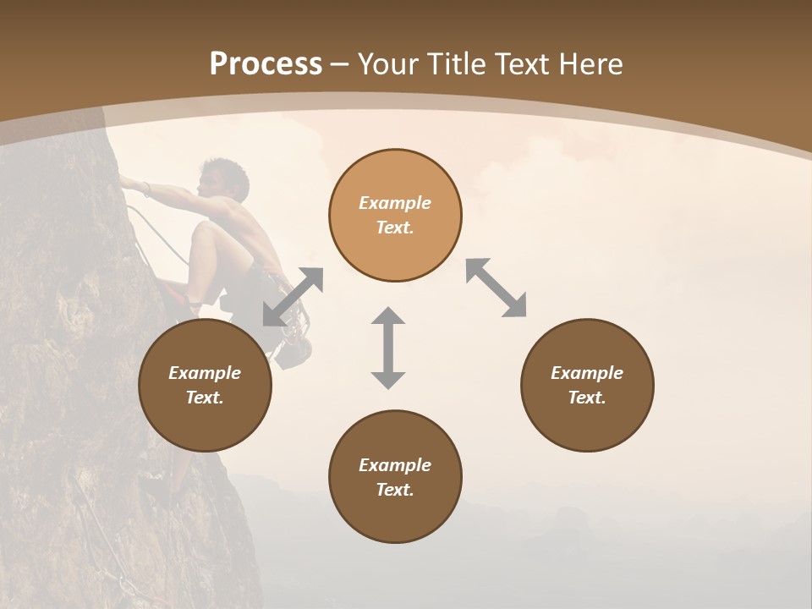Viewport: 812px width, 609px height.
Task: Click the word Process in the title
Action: [x=266, y=64]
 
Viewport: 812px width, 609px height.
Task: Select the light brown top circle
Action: [x=395, y=215]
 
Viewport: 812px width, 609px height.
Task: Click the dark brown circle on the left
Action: [x=205, y=385]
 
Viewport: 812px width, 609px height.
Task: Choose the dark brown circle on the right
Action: [x=586, y=385]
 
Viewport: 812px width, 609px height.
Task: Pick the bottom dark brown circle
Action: [x=395, y=476]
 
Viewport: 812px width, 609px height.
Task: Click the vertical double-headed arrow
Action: [x=388, y=348]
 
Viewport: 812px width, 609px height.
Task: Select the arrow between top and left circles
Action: [x=293, y=296]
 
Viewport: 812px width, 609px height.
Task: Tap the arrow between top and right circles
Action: [x=497, y=288]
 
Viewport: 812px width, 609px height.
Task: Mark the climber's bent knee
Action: [x=202, y=233]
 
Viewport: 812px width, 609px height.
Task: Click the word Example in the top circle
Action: [x=395, y=203]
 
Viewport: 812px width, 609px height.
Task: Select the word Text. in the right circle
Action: [x=586, y=398]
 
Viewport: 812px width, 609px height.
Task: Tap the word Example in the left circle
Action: [x=205, y=373]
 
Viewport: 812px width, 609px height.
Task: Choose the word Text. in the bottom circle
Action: [x=395, y=490]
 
